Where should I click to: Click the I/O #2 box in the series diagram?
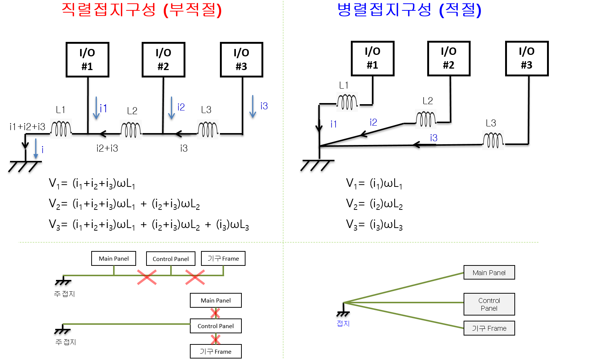point(163,59)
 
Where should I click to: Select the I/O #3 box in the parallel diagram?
point(527,58)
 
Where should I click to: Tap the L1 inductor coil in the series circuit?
point(61,129)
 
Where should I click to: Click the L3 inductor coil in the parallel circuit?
point(493,141)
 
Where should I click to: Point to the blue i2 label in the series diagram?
point(181,107)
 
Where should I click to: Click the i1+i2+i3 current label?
point(27,127)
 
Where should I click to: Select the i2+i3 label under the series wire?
point(107,148)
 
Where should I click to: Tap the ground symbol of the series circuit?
point(24,166)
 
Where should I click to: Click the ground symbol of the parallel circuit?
point(317,165)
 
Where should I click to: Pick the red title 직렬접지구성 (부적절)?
point(141,10)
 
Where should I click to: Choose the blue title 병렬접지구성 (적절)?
point(409,10)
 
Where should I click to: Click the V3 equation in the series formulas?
point(149,225)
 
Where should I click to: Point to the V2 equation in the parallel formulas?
point(374,204)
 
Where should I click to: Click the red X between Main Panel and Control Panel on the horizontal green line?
point(147,277)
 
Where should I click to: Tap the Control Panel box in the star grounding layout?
point(489,304)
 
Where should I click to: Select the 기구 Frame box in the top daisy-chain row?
point(223,258)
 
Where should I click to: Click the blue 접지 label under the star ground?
point(343,324)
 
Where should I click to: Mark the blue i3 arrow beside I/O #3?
point(253,106)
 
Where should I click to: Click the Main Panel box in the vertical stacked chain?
point(215,300)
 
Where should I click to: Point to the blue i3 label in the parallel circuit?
point(434,138)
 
